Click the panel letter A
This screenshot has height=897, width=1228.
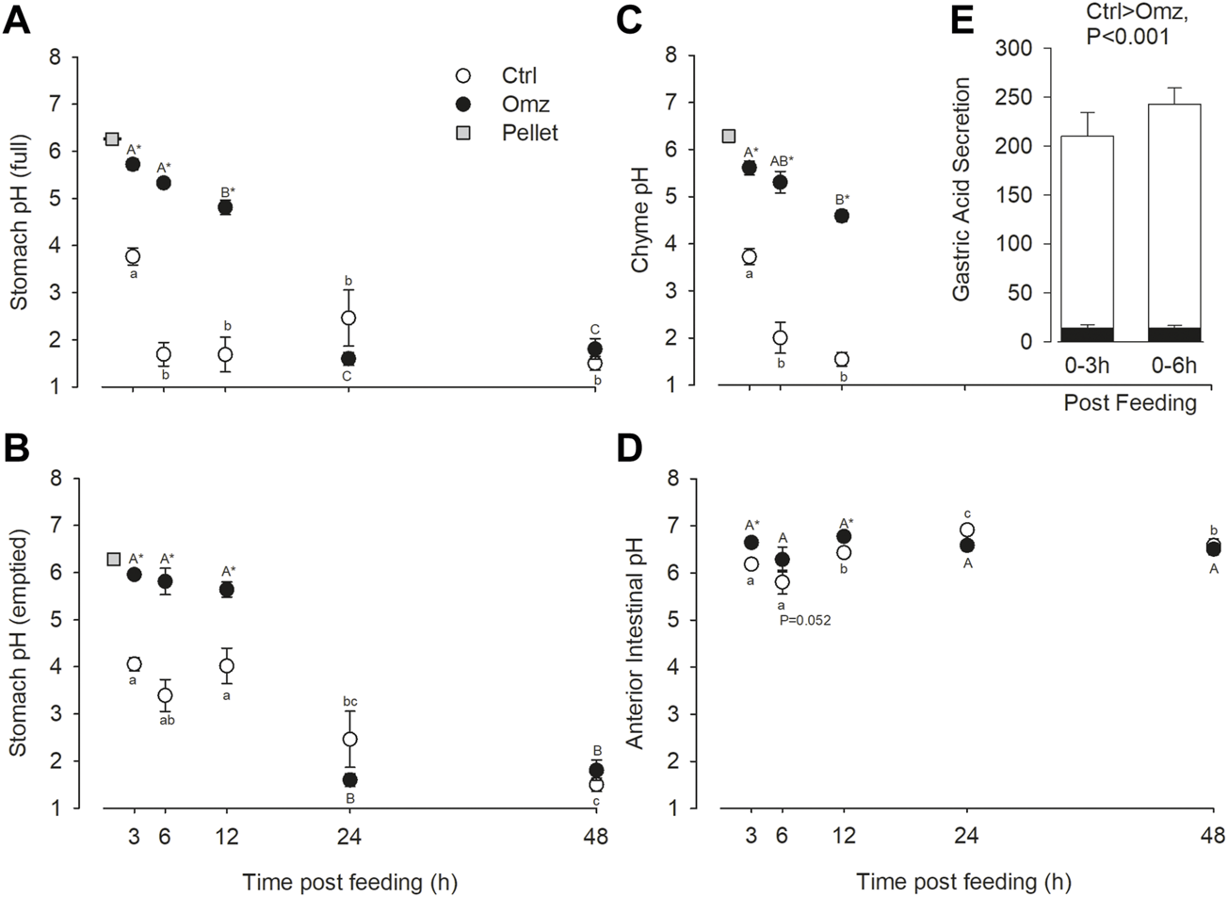pos(16,22)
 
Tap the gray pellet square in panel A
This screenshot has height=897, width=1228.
pos(111,139)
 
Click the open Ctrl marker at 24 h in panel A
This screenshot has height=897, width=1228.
pos(348,318)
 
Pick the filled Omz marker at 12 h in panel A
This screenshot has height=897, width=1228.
pos(225,207)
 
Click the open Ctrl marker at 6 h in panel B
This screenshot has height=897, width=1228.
pos(165,695)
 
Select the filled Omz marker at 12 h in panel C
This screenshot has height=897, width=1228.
pos(841,216)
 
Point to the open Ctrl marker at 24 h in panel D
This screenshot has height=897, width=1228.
pos(966,530)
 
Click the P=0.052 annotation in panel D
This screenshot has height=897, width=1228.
pos(810,620)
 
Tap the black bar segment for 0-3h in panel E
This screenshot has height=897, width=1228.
pos(1088,334)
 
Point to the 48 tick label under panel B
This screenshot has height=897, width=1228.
pos(595,835)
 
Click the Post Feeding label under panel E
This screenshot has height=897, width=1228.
pos(1130,403)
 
